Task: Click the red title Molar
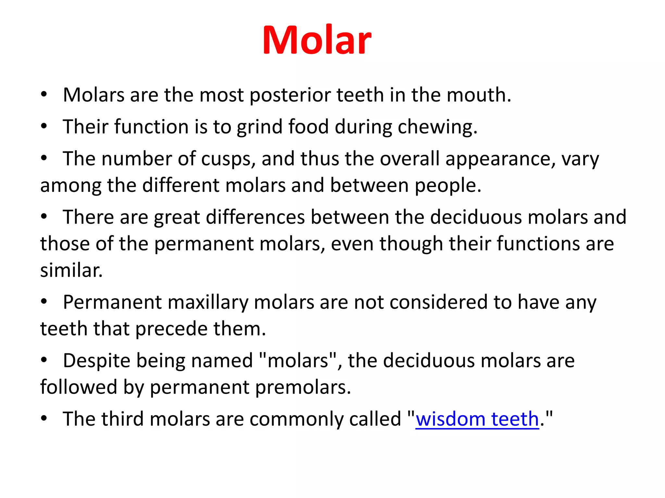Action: point(317,40)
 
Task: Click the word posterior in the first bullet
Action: point(290,96)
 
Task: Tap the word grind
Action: point(259,127)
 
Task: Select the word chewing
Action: point(437,127)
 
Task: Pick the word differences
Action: point(255,217)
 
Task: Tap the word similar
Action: point(71,270)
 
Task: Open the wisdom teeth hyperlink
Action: point(477,419)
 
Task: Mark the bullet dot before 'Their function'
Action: point(44,126)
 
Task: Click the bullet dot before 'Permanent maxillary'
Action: point(44,302)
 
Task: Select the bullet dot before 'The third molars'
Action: point(44,419)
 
